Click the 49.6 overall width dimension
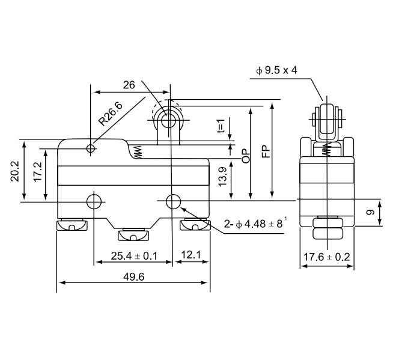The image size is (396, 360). coord(133,276)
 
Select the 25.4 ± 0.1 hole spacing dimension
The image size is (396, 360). coord(133,256)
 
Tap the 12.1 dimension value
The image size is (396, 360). coord(190,256)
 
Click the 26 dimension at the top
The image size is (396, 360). coord(129,85)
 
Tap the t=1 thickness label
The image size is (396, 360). coord(221,127)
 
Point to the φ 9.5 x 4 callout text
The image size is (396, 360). coord(276,71)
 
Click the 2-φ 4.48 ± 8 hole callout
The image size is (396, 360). coord(252,224)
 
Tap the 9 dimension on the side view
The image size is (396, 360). coord(370,212)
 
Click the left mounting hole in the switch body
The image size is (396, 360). coord(94,200)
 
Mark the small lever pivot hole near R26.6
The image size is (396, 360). coord(91,148)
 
